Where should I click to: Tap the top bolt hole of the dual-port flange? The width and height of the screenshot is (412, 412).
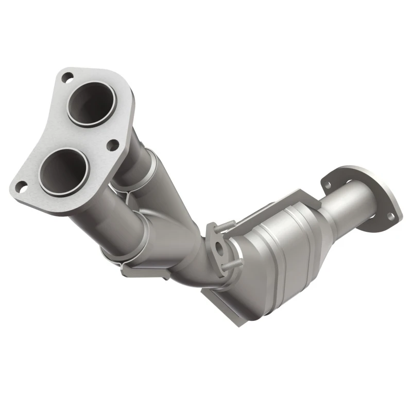point(66,78)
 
